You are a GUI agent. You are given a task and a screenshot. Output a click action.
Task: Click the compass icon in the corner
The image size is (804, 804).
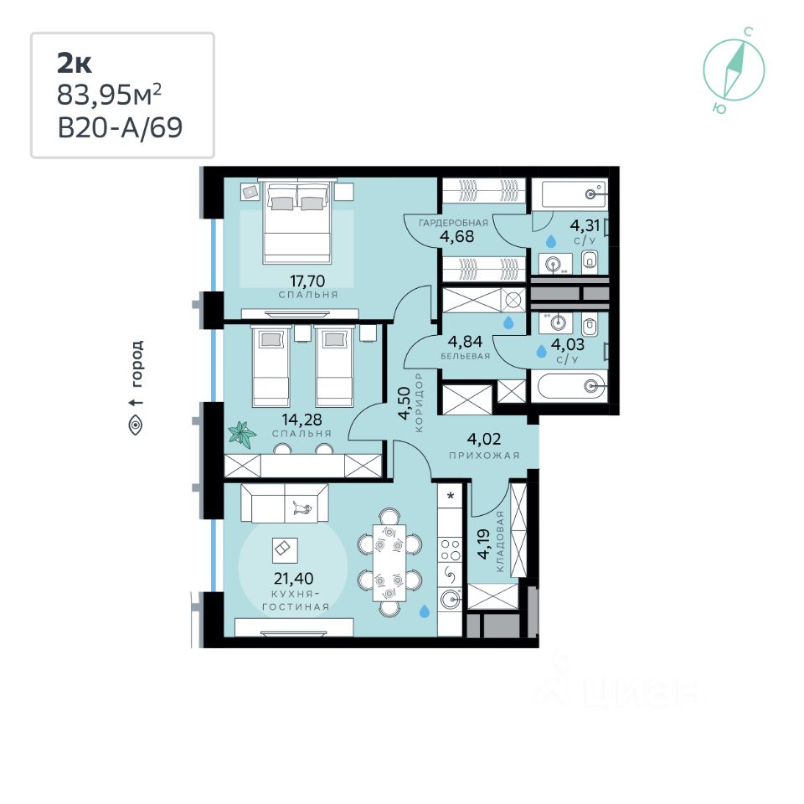[x=734, y=68]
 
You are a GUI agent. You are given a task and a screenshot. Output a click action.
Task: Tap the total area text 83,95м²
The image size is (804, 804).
[x=108, y=95]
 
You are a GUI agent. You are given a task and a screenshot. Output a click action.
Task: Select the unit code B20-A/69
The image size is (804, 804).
[x=119, y=128]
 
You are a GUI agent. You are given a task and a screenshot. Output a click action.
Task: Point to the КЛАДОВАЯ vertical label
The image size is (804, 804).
[x=500, y=542]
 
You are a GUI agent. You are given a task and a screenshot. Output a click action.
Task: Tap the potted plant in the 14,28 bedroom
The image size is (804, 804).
[x=243, y=434]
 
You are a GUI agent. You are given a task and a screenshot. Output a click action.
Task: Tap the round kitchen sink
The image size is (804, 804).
[x=451, y=599]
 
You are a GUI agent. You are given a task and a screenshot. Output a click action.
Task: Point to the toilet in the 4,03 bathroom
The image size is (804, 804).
[x=590, y=322]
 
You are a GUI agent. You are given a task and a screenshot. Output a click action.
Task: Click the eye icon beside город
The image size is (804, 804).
[x=137, y=425]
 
